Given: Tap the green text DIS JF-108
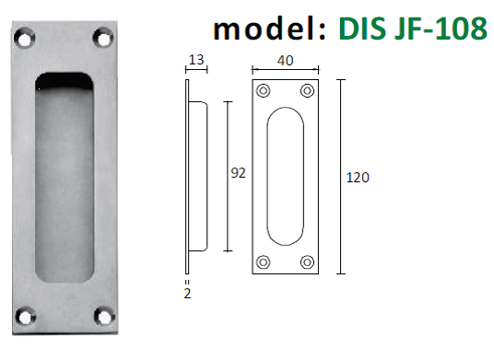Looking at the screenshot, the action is tap(413, 28).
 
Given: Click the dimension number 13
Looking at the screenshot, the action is tap(196, 60).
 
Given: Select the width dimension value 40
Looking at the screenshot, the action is tap(285, 60).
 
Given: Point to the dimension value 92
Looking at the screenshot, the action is tap(238, 173).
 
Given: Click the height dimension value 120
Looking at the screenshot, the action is tap(358, 178).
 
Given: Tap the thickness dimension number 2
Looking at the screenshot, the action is tap(187, 294).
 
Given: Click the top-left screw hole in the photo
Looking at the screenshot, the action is tap(24, 38).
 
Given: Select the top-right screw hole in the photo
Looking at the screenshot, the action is tap(103, 38).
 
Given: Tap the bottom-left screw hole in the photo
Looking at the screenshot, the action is tap(25, 317).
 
